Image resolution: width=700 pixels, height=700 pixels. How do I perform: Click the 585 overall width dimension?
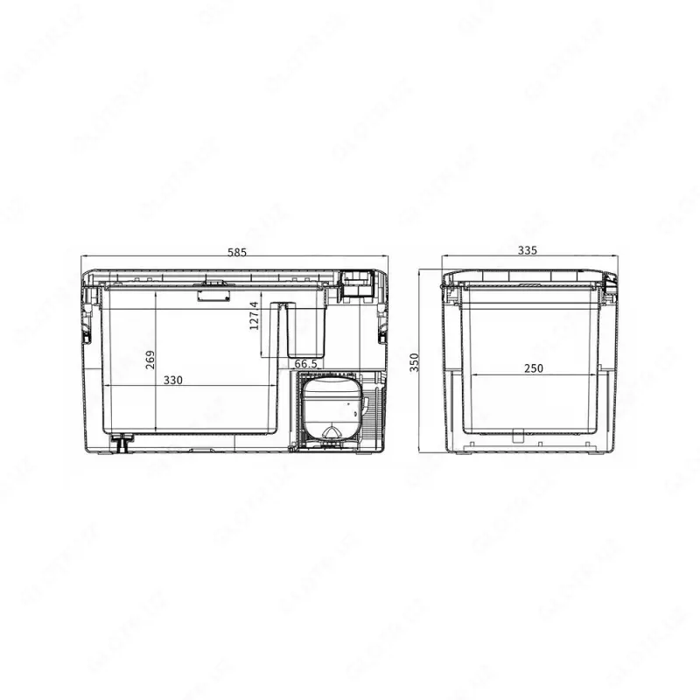pyautogui.click(x=237, y=252)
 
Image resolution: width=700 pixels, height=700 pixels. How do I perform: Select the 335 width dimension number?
pyautogui.click(x=527, y=250)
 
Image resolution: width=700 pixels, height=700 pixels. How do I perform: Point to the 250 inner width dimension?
pyautogui.click(x=534, y=368)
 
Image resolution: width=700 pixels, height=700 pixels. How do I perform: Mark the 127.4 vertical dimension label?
pyautogui.click(x=255, y=318)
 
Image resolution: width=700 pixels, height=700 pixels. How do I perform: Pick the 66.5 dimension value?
pyautogui.click(x=305, y=363)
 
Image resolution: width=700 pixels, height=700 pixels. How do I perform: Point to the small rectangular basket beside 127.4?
pyautogui.click(x=302, y=329)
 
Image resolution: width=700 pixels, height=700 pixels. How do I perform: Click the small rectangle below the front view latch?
pyautogui.click(x=213, y=297)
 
